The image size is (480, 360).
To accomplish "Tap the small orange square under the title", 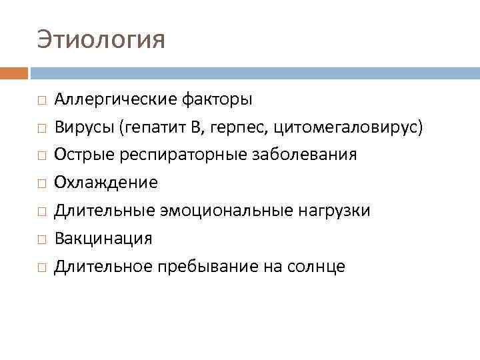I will (x=13, y=73).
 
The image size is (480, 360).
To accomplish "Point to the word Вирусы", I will (x=84, y=127).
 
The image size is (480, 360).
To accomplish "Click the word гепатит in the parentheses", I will (x=153, y=127).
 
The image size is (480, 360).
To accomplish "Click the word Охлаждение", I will (x=106, y=183).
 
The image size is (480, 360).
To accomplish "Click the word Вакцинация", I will (x=103, y=239).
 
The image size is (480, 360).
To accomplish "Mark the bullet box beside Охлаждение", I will (x=41, y=183).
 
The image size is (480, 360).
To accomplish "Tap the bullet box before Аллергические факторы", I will (x=41, y=101).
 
